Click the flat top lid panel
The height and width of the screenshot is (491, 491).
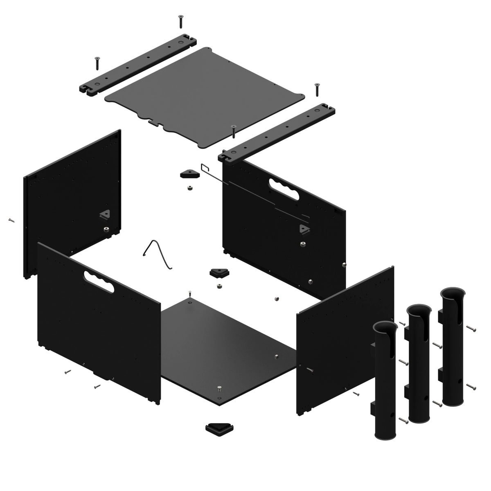205,96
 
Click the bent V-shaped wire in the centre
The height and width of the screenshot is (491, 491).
158,254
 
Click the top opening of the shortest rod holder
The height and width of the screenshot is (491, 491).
385,327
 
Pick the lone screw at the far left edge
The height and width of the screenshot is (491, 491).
11,220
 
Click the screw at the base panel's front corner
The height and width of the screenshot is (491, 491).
220,388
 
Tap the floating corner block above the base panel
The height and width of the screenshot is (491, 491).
219,273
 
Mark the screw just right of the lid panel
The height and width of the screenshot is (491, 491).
316,89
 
